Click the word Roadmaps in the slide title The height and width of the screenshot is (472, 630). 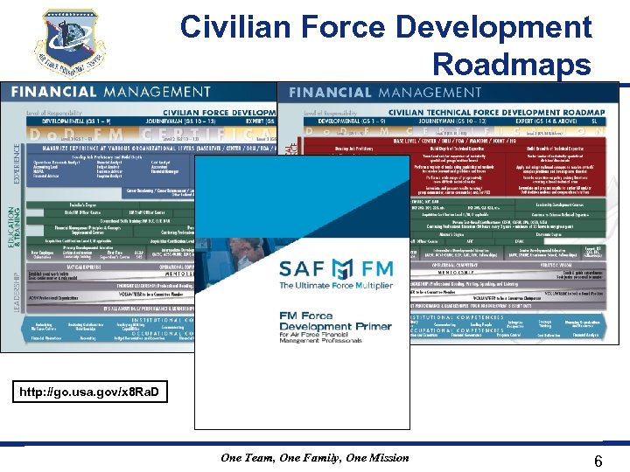(512, 65)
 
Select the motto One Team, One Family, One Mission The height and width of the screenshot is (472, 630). (314, 457)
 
